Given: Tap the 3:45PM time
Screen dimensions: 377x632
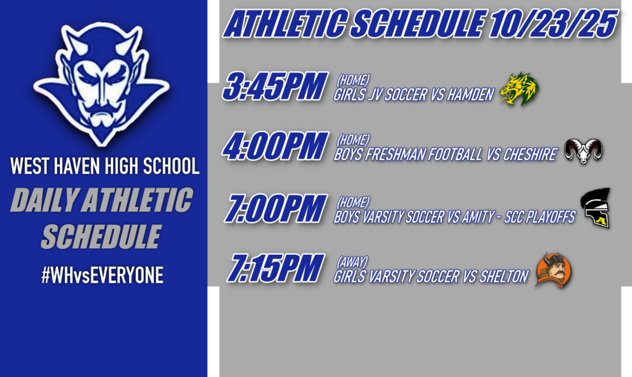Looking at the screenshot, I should click(274, 88).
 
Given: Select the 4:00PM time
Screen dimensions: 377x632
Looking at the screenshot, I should click(274, 148).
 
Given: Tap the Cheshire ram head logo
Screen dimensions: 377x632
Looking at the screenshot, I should click(584, 151).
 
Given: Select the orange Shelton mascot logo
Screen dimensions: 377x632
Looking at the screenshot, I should click(553, 270).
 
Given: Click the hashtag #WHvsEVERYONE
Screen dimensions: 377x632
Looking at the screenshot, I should click(102, 275).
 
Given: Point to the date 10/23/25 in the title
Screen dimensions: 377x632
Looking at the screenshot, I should click(553, 25).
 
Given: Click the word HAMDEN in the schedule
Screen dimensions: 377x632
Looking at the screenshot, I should click(470, 95).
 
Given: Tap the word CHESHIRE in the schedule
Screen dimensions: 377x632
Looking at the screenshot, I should click(531, 155).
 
